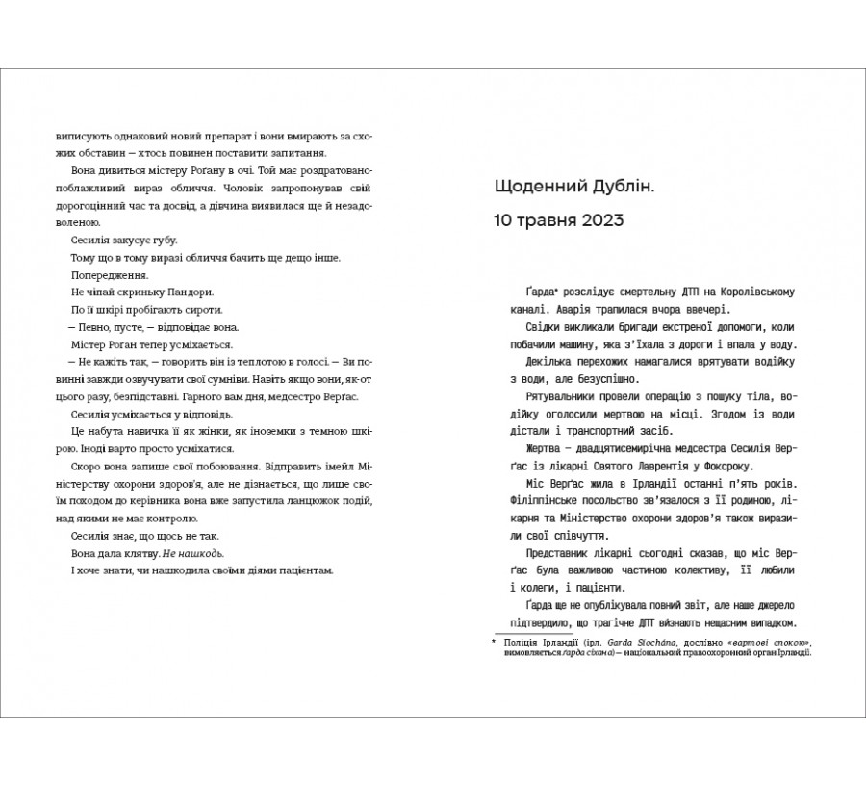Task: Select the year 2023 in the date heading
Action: pos(598,220)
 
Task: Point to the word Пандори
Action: pos(190,292)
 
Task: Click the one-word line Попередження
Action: pos(107,275)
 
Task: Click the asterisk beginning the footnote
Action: pos(494,640)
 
